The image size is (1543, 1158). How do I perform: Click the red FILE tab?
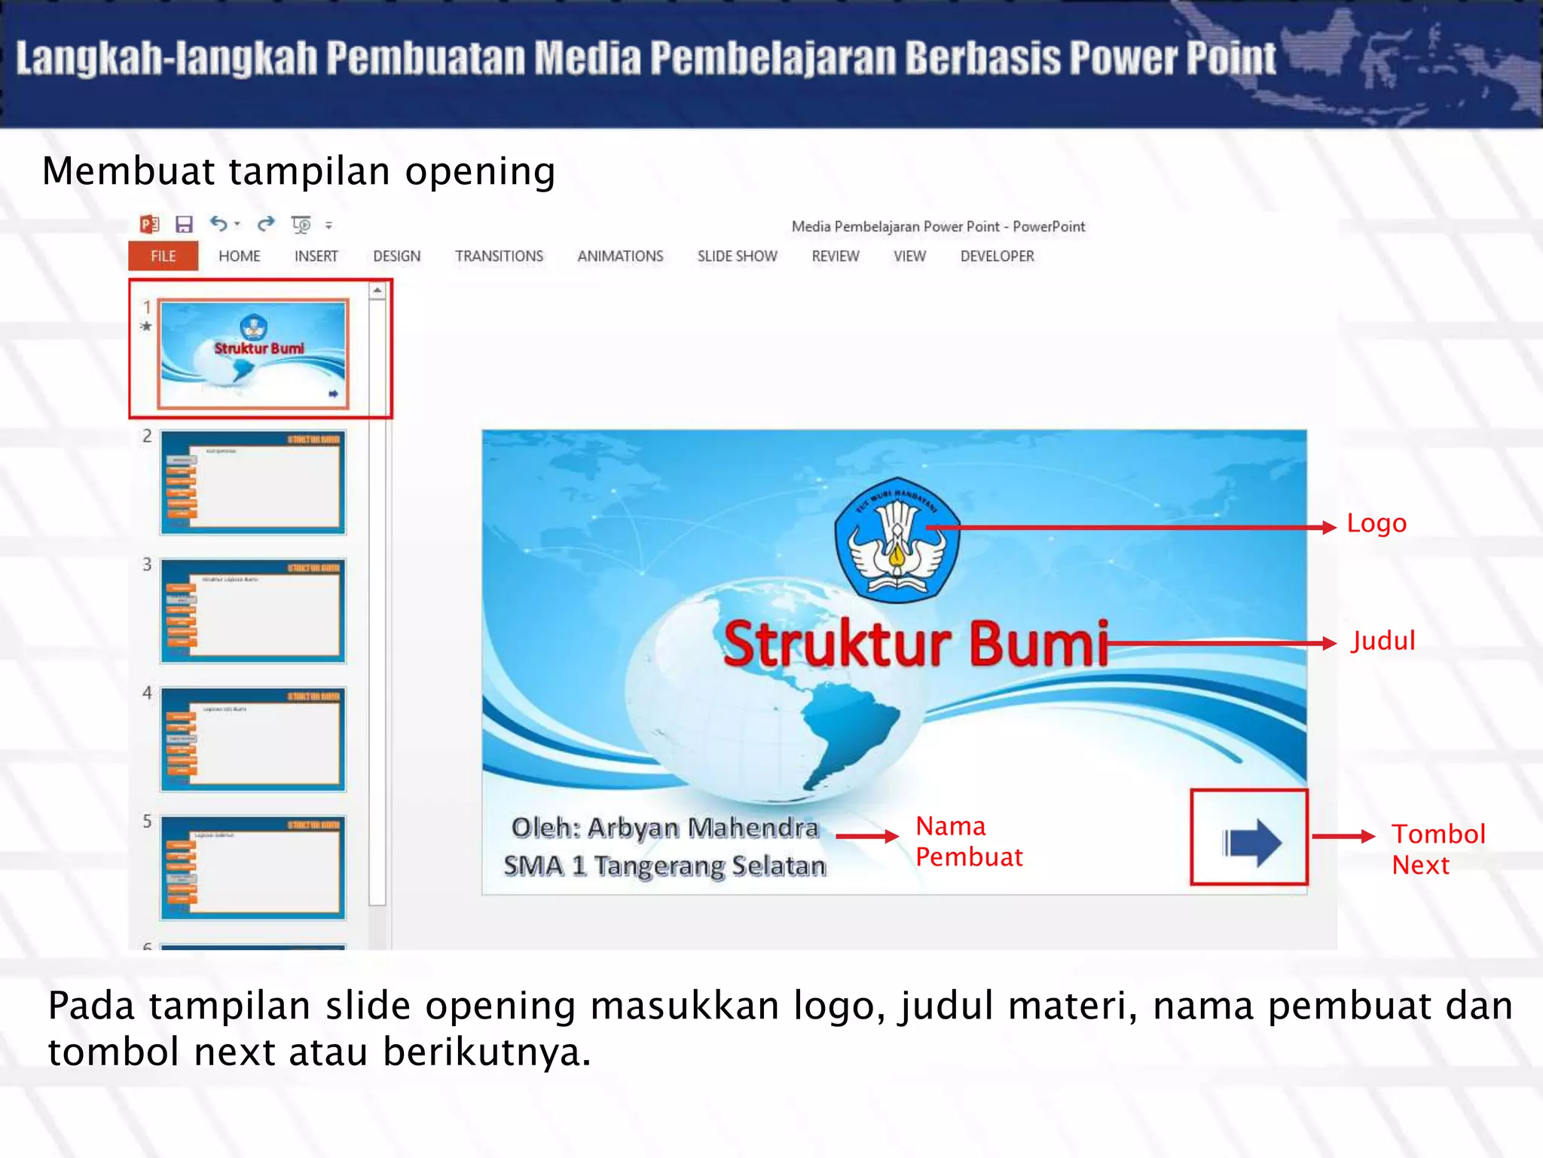163,256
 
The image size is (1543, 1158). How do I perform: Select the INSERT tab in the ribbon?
316,256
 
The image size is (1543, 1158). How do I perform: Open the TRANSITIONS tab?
499,256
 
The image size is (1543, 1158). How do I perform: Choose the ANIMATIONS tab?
620,256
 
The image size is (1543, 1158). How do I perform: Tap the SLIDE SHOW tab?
737,256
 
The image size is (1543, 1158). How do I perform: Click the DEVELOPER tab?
997,256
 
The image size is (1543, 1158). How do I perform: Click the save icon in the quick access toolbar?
184,225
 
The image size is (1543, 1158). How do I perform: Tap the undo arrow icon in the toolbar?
218,224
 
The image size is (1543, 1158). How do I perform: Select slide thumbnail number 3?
252,611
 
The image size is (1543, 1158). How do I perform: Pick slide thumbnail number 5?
252,868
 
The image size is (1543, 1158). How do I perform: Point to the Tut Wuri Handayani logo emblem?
897,540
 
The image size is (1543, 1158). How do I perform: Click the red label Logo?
1376,523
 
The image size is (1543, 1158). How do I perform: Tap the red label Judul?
1383,641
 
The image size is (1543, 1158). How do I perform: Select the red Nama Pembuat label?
969,841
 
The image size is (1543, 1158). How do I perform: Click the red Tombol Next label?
1438,849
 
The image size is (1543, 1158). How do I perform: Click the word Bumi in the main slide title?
1039,645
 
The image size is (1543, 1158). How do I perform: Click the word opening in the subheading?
480,172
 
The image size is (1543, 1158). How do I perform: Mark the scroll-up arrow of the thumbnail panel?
377,290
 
